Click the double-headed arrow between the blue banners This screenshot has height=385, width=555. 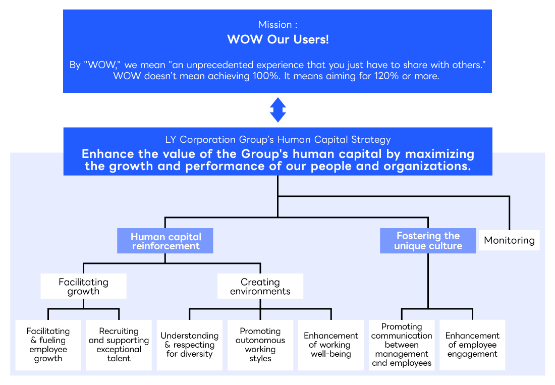pos(278,110)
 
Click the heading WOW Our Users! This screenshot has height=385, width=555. pos(278,39)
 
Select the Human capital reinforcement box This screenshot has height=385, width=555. pos(165,241)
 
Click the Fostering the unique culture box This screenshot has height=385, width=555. pos(428,241)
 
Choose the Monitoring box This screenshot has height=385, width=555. pos(509,240)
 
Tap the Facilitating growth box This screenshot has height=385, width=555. pos(83,287)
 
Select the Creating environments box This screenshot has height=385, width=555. pos(260,287)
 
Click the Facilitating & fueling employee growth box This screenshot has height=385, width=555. pos(48,345)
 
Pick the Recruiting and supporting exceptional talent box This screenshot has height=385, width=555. pos(119,345)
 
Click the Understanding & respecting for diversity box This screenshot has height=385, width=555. pos(189,345)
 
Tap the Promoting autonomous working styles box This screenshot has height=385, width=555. pos(260,345)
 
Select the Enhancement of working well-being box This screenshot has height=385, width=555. pos(331,345)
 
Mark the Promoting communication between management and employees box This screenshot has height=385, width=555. pos(402,345)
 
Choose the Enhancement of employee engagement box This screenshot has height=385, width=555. pos(472,345)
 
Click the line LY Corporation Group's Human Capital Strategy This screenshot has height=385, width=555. pos(278,140)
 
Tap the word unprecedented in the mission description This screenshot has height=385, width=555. pos(218,66)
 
